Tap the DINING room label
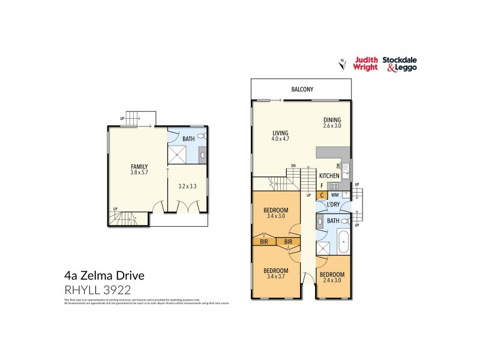click(332, 119)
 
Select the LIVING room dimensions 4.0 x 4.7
click(280, 139)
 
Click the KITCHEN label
click(329, 175)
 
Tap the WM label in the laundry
click(334, 195)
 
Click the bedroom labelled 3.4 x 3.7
click(276, 274)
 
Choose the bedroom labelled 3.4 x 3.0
click(276, 213)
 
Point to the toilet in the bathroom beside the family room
click(201, 137)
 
